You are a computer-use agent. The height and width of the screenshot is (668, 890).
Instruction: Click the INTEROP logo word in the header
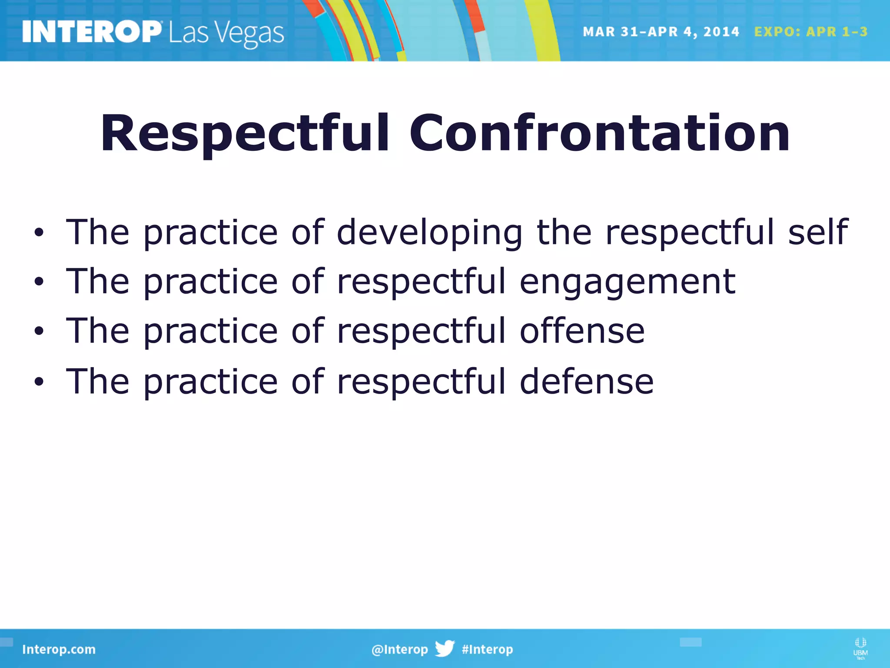pyautogui.click(x=92, y=32)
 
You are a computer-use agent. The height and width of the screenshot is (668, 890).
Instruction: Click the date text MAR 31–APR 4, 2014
pyautogui.click(x=661, y=32)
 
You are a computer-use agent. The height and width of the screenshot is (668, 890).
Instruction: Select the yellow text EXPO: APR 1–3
pyautogui.click(x=810, y=32)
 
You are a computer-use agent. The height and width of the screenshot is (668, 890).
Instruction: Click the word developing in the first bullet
pyautogui.click(x=429, y=233)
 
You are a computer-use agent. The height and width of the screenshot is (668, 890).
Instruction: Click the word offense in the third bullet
pyautogui.click(x=582, y=331)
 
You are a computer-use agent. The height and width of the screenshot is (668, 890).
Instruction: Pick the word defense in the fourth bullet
pyautogui.click(x=586, y=381)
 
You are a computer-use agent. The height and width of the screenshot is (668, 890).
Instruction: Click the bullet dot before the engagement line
pyautogui.click(x=39, y=282)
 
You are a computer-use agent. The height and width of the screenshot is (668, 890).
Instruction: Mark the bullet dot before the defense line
pyautogui.click(x=39, y=381)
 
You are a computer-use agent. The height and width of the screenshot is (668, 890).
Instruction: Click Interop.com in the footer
pyautogui.click(x=59, y=649)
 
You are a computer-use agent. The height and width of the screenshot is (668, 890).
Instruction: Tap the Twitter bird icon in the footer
pyautogui.click(x=445, y=648)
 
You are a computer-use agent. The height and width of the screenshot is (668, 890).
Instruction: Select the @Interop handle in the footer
pyautogui.click(x=399, y=649)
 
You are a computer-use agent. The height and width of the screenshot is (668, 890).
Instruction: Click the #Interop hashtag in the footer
pyautogui.click(x=487, y=649)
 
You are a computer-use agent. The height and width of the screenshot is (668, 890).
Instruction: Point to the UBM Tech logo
pyautogui.click(x=860, y=648)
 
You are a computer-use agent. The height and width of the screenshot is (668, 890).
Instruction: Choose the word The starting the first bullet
pyautogui.click(x=98, y=232)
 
